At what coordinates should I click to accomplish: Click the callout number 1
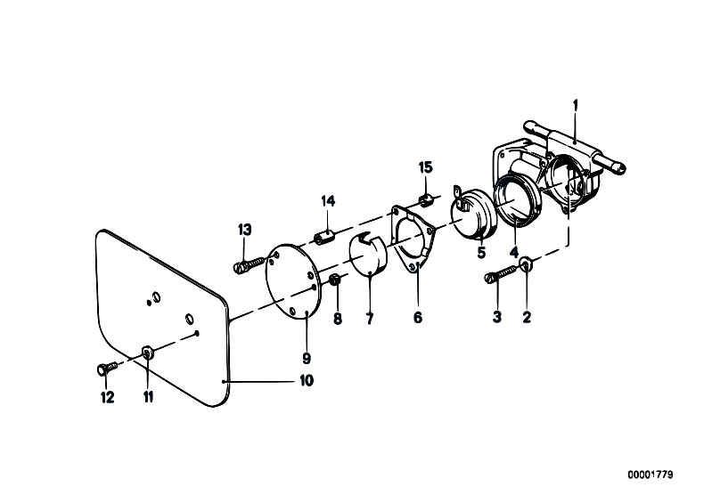576,106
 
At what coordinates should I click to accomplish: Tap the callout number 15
426,168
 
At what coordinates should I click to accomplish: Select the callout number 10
307,380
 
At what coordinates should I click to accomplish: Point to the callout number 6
418,318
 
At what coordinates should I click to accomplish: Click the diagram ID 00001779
651,475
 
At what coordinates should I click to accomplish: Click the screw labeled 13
250,264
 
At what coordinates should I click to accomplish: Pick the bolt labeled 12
107,369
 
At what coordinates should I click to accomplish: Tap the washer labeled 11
147,352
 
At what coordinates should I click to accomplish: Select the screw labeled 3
501,274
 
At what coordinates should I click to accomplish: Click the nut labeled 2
527,264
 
